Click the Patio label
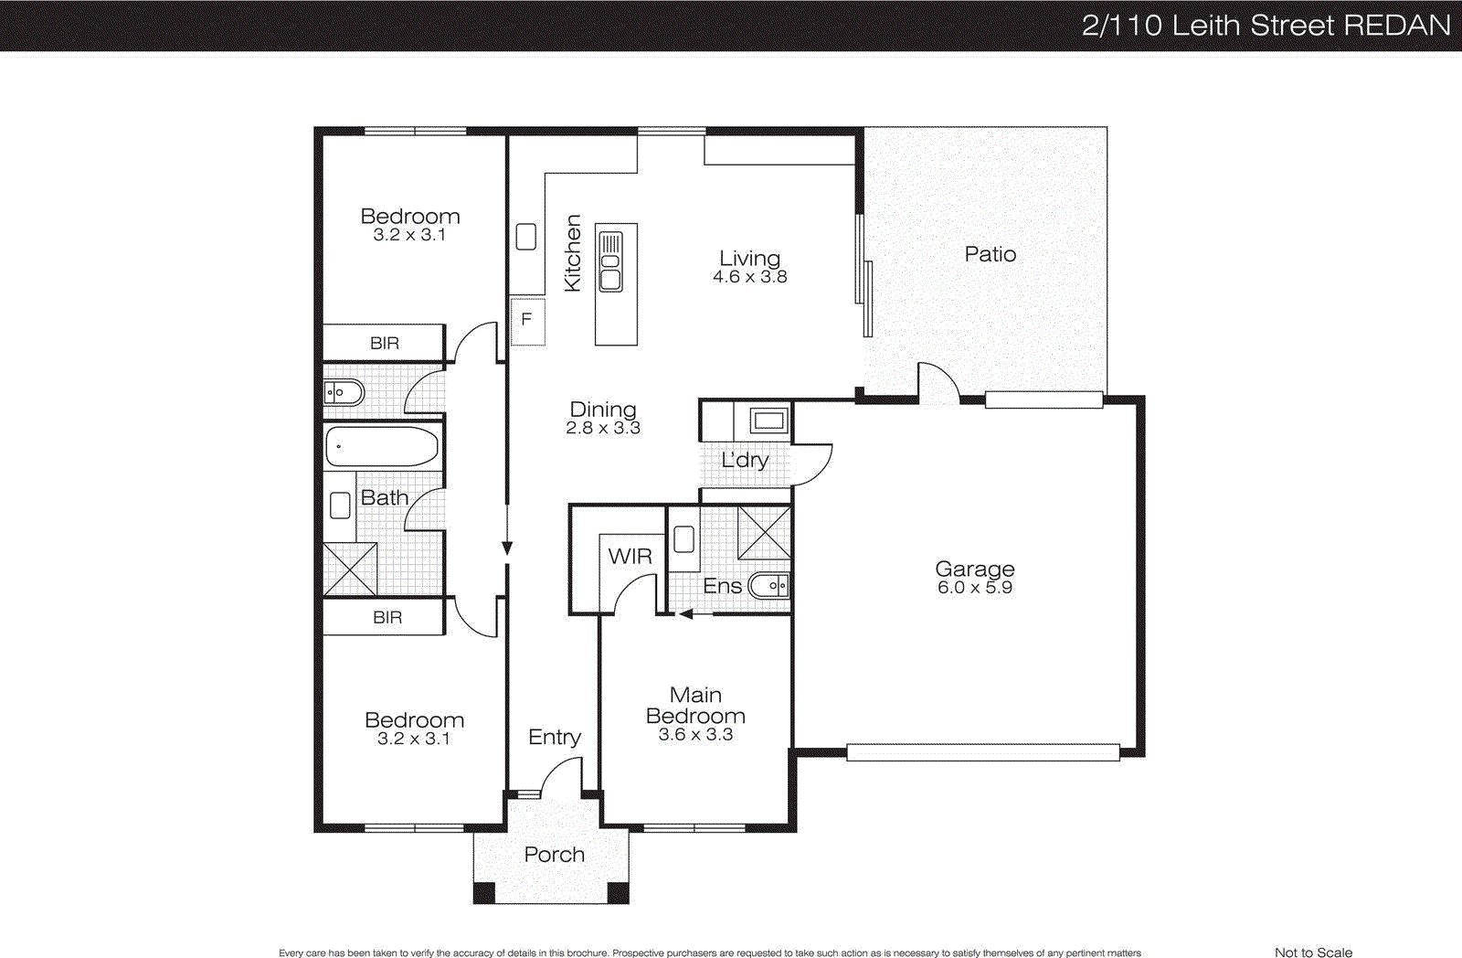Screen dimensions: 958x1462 pyautogui.click(x=990, y=254)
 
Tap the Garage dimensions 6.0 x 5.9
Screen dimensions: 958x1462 pyautogui.click(x=974, y=588)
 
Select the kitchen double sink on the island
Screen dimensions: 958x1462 pyautogui.click(x=610, y=261)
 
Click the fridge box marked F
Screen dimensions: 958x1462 pyautogui.click(x=527, y=320)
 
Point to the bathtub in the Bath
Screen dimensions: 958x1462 pyautogui.click(x=382, y=447)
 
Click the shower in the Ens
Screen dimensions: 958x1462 pyautogui.click(x=764, y=532)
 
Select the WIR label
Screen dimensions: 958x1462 pyautogui.click(x=630, y=556)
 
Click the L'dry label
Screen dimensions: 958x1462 pyautogui.click(x=745, y=460)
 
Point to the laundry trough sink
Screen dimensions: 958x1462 pyautogui.click(x=768, y=420)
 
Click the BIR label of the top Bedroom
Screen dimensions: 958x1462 pyautogui.click(x=384, y=343)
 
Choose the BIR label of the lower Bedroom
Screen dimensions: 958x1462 pyautogui.click(x=387, y=617)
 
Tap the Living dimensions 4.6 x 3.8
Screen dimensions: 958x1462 pyautogui.click(x=749, y=277)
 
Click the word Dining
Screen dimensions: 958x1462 pyautogui.click(x=602, y=409)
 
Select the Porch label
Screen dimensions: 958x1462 pyautogui.click(x=554, y=854)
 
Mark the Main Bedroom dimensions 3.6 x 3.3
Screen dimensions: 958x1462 pyautogui.click(x=695, y=735)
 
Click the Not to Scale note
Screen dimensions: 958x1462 pyautogui.click(x=1313, y=952)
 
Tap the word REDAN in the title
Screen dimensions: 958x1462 pyautogui.click(x=1397, y=25)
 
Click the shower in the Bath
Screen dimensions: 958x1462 pyautogui.click(x=350, y=569)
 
